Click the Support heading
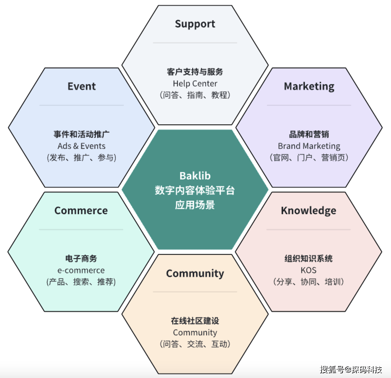(195, 24)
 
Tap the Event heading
(82, 86)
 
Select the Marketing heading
(309, 87)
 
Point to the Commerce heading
(81, 211)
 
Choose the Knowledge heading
(308, 211)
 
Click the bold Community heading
(195, 274)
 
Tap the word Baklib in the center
(195, 176)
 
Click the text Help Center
(195, 84)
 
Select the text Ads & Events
(81, 146)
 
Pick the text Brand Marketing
(309, 146)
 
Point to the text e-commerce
(81, 270)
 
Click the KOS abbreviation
(308, 270)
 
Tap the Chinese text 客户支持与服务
(195, 72)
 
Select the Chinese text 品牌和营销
(309, 134)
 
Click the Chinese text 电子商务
(81, 259)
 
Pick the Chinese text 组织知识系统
(308, 259)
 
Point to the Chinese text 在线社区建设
(195, 321)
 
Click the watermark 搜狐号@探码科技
(351, 369)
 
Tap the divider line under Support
(195, 43)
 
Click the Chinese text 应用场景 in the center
(195, 205)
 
